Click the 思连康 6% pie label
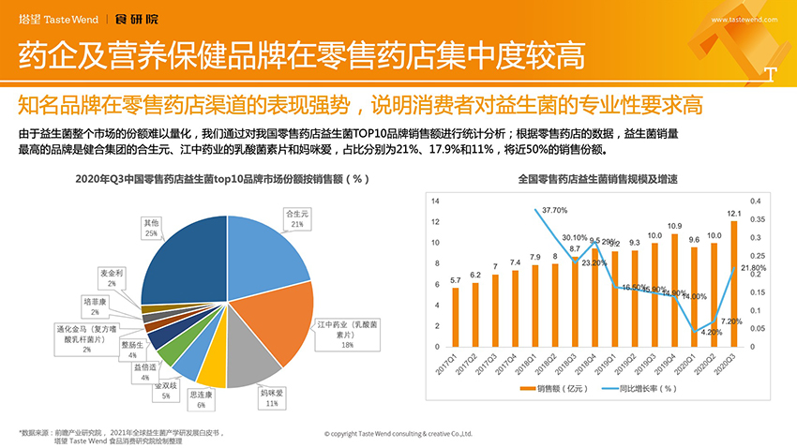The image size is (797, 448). point(202,400)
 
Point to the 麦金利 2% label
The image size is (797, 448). point(112,277)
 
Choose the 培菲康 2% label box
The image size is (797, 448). point(98,307)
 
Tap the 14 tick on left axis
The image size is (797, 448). point(435,202)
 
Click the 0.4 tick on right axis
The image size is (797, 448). point(755,202)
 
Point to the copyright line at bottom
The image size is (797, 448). point(398,434)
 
